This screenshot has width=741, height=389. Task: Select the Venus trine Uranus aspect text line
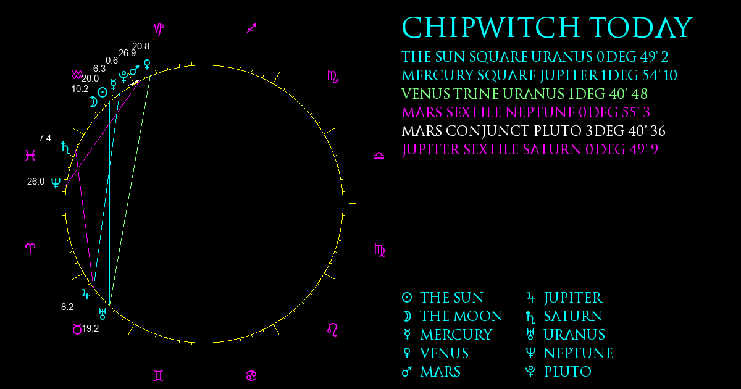click(524, 94)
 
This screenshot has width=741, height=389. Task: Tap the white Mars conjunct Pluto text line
click(534, 131)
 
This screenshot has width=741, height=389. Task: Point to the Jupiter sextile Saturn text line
click(530, 149)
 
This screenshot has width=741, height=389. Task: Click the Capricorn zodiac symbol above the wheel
click(159, 29)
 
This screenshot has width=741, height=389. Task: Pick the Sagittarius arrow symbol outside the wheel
click(252, 28)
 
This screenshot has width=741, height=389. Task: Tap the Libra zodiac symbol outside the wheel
click(379, 156)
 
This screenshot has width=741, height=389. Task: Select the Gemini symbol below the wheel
click(159, 376)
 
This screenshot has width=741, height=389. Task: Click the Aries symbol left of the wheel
click(30, 248)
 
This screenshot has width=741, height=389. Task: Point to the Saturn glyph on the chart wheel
click(66, 148)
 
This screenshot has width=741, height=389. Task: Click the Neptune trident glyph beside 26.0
click(56, 183)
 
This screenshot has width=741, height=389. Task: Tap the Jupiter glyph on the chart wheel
click(86, 294)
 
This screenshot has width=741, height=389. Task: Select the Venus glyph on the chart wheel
click(147, 64)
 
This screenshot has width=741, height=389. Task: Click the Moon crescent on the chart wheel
click(93, 102)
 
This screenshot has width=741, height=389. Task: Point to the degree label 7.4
click(45, 138)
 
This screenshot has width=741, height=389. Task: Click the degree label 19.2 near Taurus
click(90, 328)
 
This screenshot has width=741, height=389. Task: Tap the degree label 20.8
click(141, 46)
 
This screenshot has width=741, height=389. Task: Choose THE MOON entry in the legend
click(452, 316)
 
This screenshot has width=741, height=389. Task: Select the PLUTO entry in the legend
click(558, 372)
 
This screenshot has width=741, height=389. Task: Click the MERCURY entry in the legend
click(447, 335)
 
